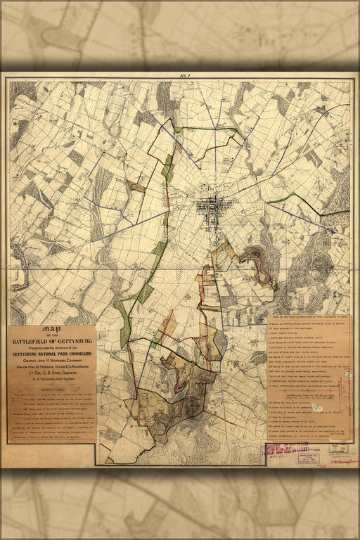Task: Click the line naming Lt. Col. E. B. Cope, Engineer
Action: [51, 378]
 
